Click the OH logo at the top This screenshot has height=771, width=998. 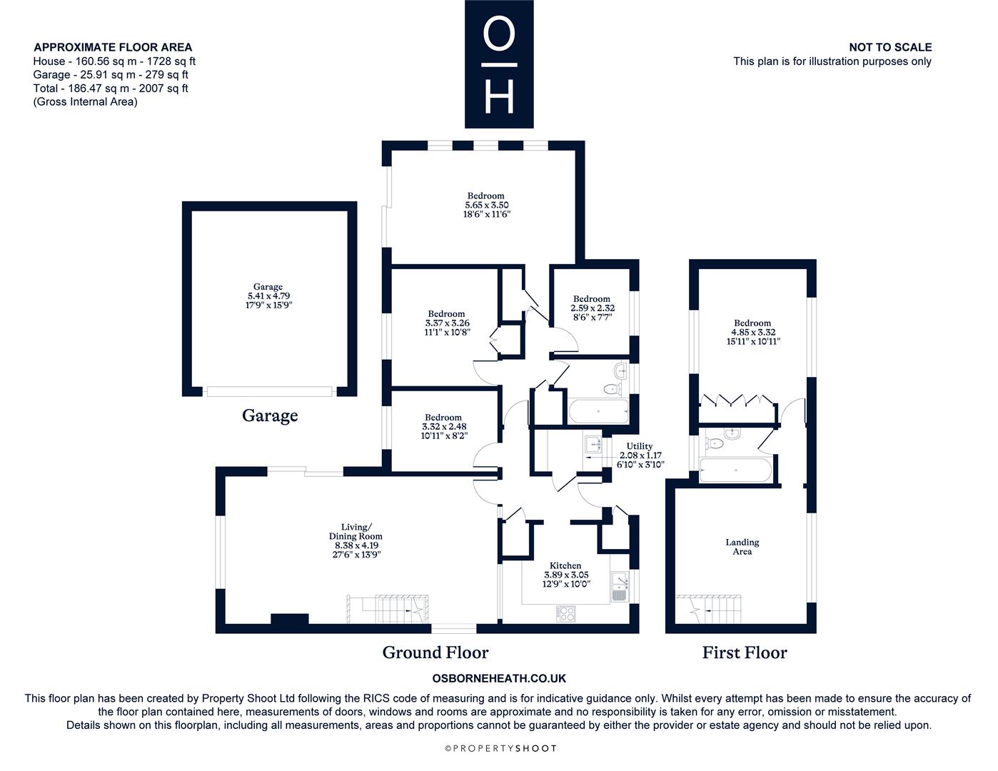click(x=499, y=64)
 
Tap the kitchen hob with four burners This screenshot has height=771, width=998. click(x=566, y=614)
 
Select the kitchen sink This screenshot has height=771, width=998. click(x=620, y=587)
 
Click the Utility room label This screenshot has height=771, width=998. click(x=640, y=446)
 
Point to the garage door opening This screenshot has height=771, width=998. click(x=269, y=391)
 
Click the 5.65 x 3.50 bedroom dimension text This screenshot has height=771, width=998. click(x=487, y=205)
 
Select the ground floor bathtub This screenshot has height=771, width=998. click(x=598, y=411)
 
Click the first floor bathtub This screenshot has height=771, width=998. click(x=735, y=470)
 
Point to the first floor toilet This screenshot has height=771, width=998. click(x=715, y=443)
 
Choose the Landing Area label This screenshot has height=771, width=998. click(x=742, y=547)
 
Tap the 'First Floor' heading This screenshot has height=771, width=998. click(x=745, y=652)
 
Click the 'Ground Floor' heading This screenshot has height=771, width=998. click(x=435, y=652)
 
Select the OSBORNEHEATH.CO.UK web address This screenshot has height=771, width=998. click(x=499, y=678)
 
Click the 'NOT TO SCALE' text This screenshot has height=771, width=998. click(x=890, y=47)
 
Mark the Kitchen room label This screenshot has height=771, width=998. click(x=565, y=565)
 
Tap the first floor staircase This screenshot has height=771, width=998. click(x=709, y=610)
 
